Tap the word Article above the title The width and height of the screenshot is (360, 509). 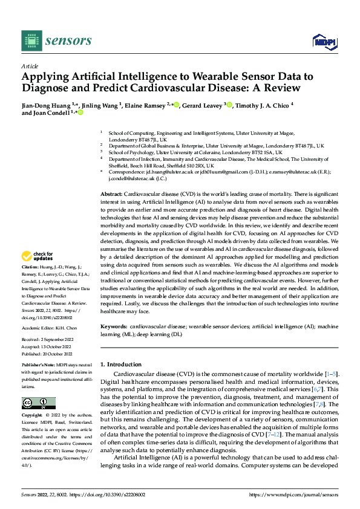coord(30,66)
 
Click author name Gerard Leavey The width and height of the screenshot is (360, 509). coord(202,105)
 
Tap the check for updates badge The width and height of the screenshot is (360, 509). coord(39,274)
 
